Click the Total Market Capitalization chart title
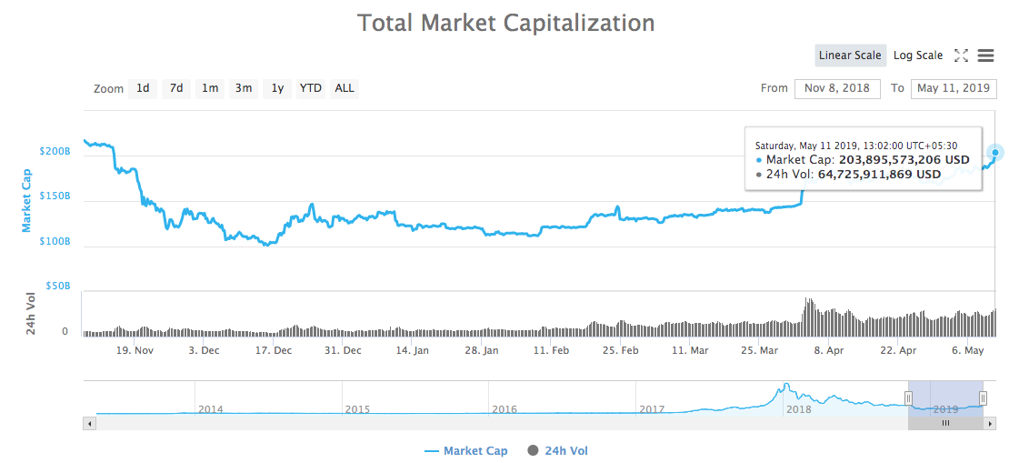point(506,23)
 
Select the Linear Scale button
point(850,55)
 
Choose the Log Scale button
point(918,55)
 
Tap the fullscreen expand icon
point(961,55)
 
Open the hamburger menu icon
point(985,55)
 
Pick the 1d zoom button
point(143,88)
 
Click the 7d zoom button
point(176,88)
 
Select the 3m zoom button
point(244,88)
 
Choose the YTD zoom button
point(311,88)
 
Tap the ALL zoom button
point(345,88)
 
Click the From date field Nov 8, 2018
point(837,88)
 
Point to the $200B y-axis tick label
point(55,151)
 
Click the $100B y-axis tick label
point(55,242)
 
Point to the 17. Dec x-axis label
point(273,350)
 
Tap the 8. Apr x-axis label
point(829,350)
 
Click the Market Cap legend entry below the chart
point(466,451)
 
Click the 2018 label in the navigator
point(799,409)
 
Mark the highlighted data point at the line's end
point(996,153)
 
